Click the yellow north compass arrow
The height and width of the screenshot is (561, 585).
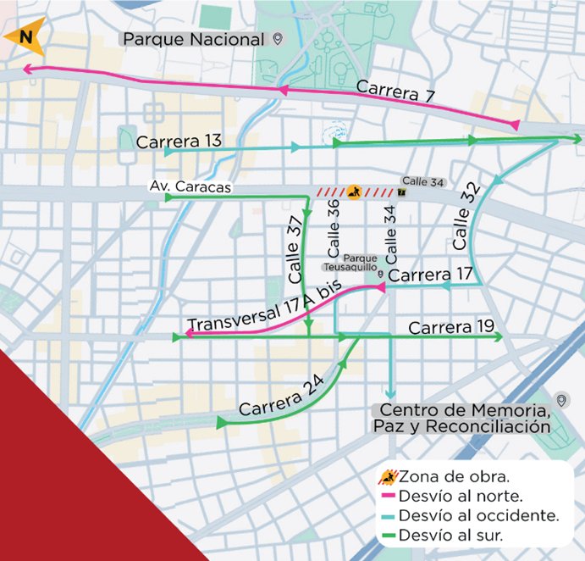click(24, 37)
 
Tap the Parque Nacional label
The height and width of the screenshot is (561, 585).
click(194, 40)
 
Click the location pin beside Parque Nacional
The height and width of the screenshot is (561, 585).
click(277, 39)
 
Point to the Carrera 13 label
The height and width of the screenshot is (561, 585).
click(179, 142)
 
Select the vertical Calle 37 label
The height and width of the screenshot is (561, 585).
click(295, 249)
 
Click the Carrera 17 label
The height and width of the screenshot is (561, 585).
click(430, 275)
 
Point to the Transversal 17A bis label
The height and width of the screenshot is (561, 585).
click(264, 308)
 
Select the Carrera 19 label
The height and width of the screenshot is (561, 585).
click(450, 327)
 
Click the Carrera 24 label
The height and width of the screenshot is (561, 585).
click(281, 395)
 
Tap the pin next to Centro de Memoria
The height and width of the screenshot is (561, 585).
click(561, 400)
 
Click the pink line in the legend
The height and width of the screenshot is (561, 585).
click(389, 496)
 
